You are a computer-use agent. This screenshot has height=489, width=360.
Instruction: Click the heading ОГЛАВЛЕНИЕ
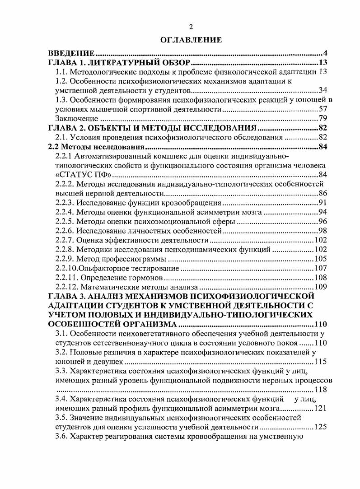pos(192,40)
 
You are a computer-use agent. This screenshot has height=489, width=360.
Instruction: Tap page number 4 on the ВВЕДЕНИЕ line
pos(324,53)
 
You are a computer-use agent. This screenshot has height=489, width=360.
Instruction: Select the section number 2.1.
pos(61,137)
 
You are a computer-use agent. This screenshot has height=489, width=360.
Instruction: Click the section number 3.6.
pos(62,437)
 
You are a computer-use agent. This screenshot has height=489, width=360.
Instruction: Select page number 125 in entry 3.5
pos(320,428)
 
